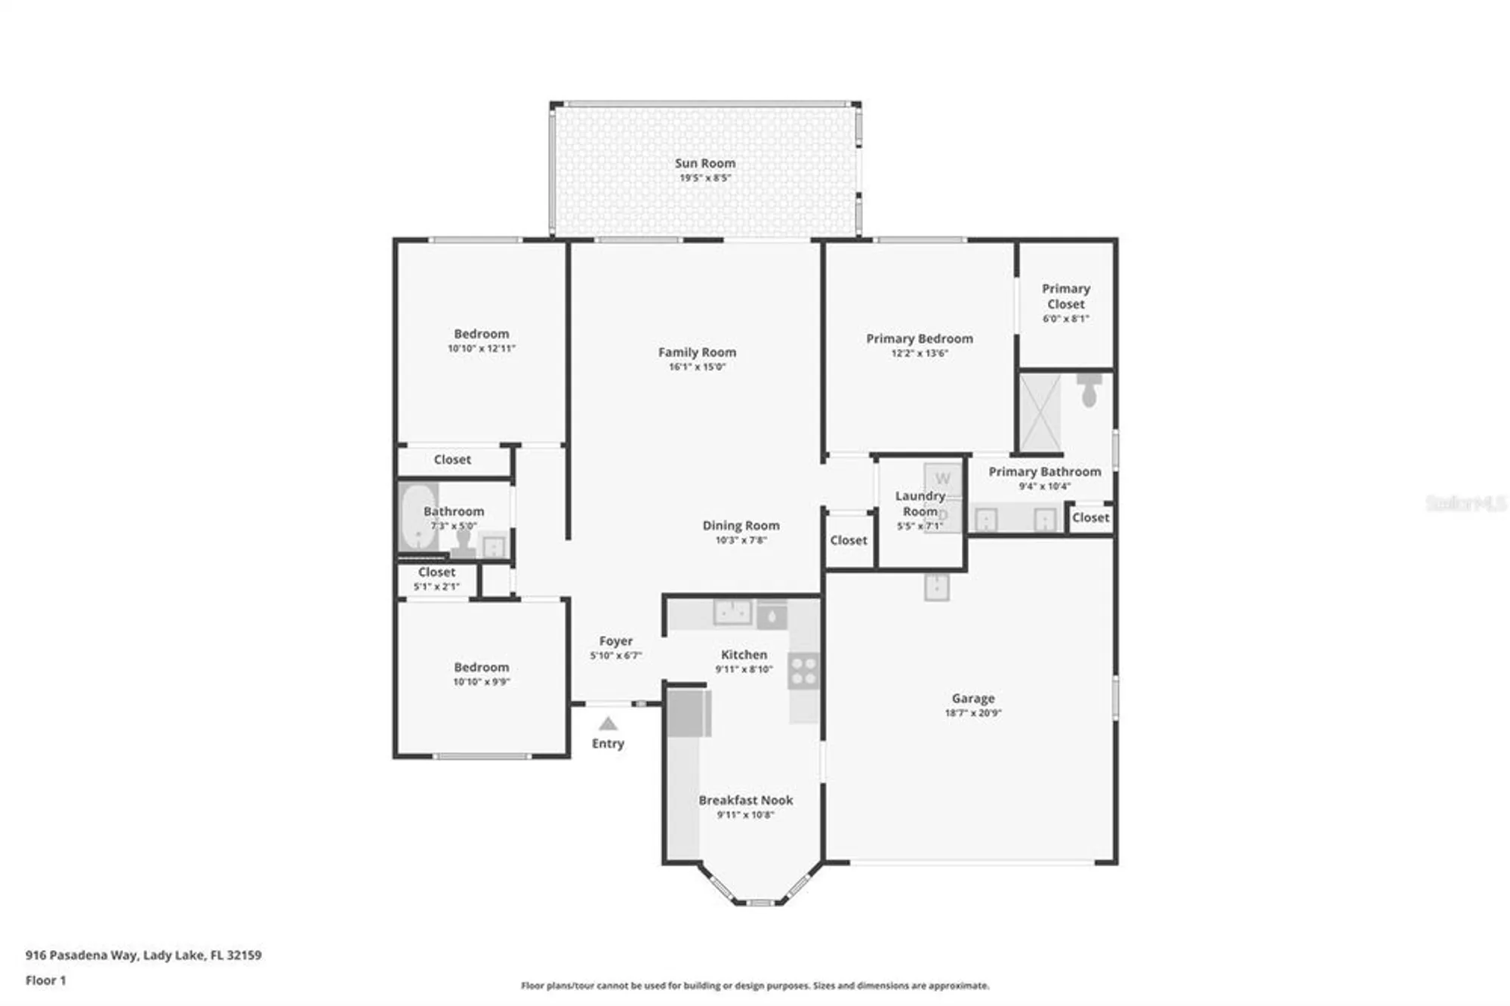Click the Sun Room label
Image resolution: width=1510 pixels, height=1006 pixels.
tap(704, 163)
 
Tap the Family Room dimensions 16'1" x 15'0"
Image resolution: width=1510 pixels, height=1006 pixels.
tap(696, 367)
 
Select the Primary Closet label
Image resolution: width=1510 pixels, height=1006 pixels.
tap(1065, 296)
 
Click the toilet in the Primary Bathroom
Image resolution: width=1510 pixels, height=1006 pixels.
tap(1089, 389)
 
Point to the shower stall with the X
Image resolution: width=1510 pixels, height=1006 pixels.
tap(1040, 412)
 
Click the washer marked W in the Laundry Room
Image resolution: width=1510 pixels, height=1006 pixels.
tap(942, 479)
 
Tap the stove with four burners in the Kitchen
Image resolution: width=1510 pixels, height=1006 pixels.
tap(803, 671)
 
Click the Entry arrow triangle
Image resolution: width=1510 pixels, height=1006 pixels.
tap(608, 724)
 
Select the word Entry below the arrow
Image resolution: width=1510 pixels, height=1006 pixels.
tap(608, 744)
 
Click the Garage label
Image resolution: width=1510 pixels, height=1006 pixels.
tap(972, 699)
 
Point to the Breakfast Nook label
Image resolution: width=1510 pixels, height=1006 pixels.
tap(745, 800)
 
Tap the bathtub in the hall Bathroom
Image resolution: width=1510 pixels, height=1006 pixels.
tap(416, 517)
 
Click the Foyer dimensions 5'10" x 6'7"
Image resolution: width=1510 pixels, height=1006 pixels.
tap(615, 656)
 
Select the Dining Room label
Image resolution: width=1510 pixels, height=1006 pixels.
tap(741, 526)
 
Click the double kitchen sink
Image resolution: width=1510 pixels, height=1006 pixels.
tap(732, 613)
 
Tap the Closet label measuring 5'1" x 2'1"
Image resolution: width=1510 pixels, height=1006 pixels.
tap(436, 572)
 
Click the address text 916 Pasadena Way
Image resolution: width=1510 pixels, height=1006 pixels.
tap(82, 955)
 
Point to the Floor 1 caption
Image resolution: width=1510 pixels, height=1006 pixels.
tap(45, 980)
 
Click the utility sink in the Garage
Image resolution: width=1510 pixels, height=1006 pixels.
tap(936, 587)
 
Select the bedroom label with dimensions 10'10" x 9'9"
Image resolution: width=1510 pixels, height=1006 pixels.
tap(481, 668)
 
